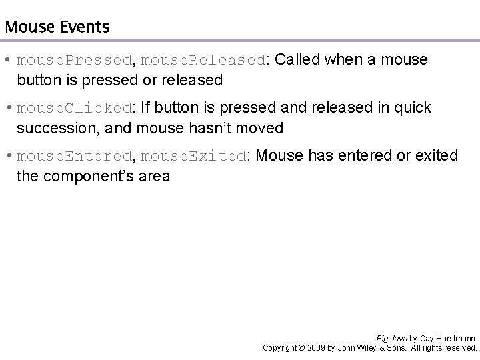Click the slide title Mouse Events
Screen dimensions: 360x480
(x=57, y=27)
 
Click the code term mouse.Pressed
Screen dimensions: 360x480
(x=75, y=61)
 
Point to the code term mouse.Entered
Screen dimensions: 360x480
(x=75, y=157)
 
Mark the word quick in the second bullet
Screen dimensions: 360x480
(x=415, y=108)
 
